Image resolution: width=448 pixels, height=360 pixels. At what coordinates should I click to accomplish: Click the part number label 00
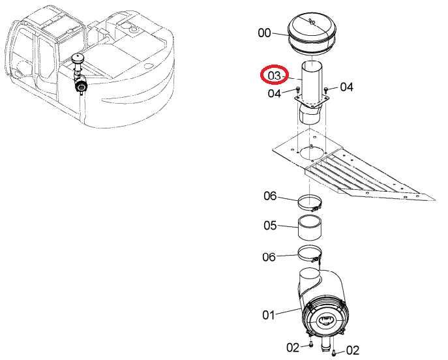264,33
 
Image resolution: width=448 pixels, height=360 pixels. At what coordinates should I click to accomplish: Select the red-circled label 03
275,76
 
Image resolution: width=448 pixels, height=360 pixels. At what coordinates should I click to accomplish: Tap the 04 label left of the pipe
275,93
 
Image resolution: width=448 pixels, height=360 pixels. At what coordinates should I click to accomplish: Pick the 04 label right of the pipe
346,87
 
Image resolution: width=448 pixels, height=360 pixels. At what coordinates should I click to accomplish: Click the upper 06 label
270,196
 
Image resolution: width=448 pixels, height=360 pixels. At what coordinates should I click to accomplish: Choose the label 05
270,226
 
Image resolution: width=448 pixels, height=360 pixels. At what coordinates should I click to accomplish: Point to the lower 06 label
269,257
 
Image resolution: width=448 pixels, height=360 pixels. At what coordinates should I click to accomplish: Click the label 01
269,315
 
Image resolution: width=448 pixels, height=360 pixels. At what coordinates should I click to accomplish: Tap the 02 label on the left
293,348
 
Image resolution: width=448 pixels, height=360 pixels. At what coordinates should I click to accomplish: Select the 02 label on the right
353,350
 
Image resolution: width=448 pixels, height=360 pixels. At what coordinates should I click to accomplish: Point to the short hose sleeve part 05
310,228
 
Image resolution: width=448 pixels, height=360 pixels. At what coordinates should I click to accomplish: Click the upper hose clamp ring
310,203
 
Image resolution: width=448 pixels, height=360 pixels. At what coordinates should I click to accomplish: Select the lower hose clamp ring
310,254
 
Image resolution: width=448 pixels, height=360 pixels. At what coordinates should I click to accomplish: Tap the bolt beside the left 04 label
298,89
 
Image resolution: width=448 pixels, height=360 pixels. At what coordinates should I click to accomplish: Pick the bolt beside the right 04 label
326,90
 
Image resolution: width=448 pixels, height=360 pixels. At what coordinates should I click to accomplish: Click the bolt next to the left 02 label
310,345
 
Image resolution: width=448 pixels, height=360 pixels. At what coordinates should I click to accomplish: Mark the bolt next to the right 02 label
335,353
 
